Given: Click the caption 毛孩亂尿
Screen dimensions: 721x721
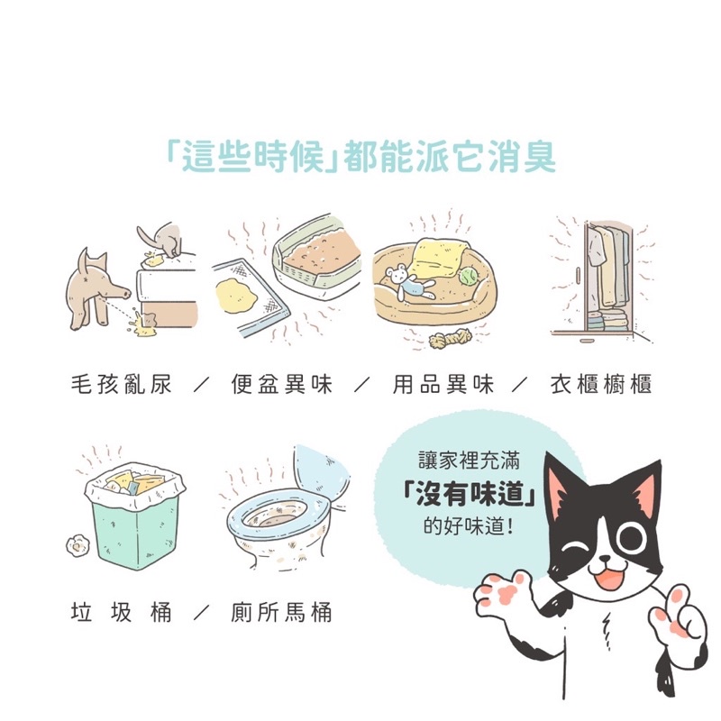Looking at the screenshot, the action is coord(122,385).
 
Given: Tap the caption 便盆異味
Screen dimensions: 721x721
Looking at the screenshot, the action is coord(281,385).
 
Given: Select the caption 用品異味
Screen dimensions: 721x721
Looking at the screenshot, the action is coord(443,385).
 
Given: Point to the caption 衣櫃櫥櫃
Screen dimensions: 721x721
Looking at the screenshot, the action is coord(601,385).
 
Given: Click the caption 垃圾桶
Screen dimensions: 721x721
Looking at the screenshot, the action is coord(122,613).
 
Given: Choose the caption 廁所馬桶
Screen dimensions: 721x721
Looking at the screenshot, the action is coord(281,613).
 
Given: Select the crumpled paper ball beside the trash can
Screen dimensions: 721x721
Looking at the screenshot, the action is coord(77,546).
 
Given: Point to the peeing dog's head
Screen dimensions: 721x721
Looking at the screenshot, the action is coord(106,278).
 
